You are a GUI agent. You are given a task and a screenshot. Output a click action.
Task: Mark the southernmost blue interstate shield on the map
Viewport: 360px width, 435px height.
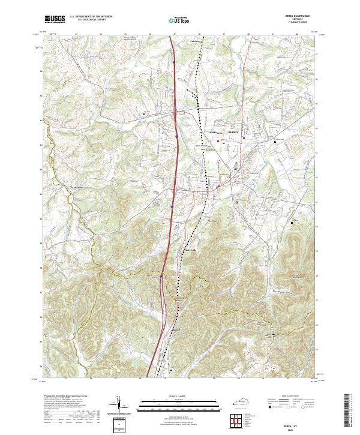click(162, 277)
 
